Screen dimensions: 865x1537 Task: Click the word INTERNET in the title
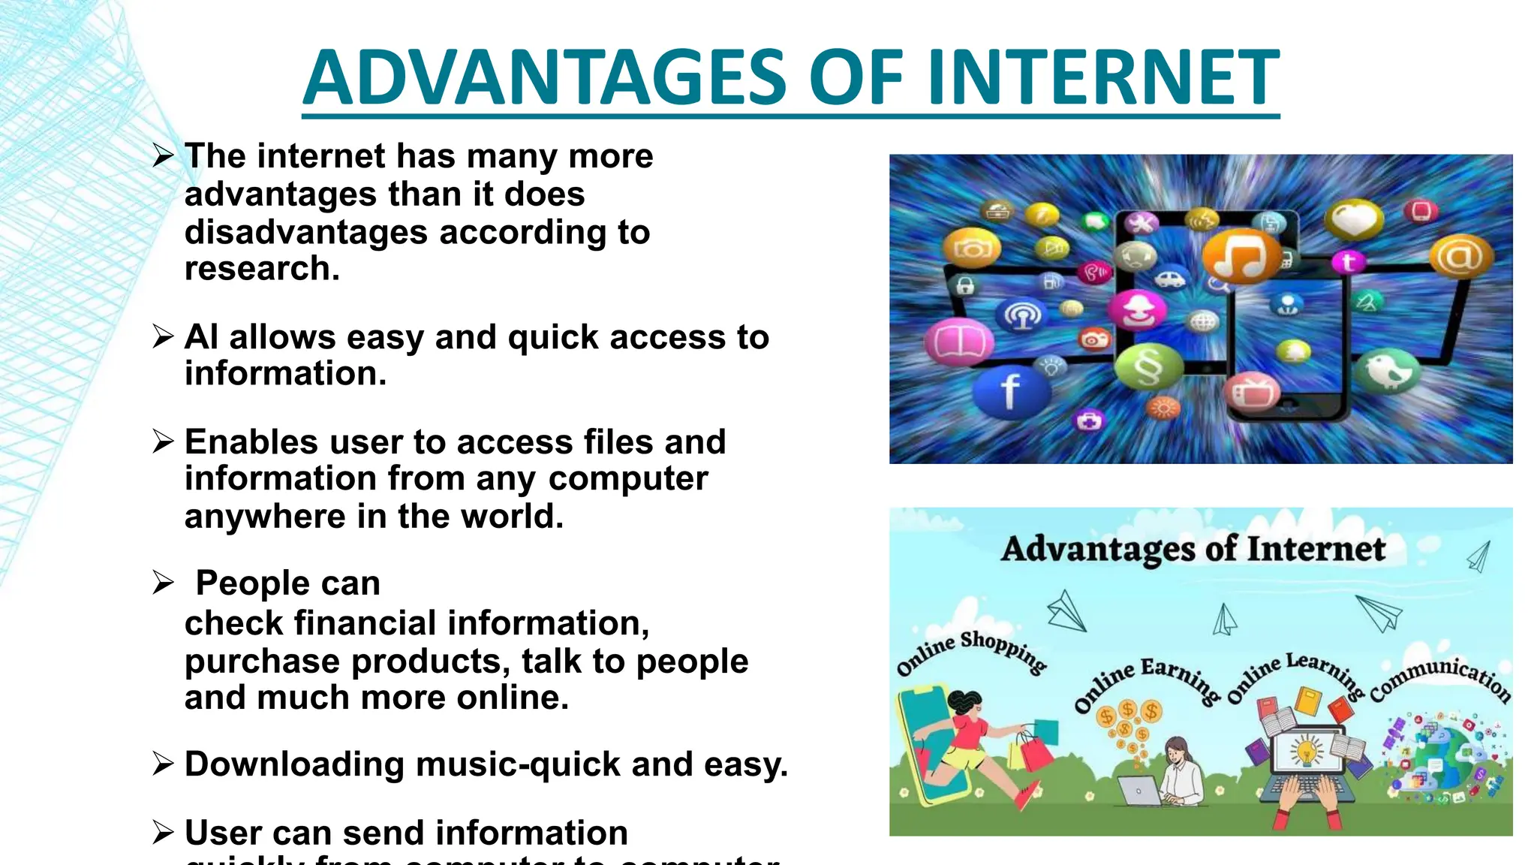[x=1103, y=77]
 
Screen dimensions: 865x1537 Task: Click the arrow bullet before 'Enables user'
[x=163, y=441]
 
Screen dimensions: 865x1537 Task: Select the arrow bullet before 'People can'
[x=163, y=582]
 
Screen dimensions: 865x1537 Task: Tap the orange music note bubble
[x=1242, y=255]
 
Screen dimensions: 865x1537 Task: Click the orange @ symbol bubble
[x=1460, y=256]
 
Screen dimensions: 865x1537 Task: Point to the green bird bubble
[x=1387, y=371]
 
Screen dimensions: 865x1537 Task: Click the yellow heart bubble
[x=1353, y=219]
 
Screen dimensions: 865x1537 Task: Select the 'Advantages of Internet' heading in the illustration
[x=1193, y=549]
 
